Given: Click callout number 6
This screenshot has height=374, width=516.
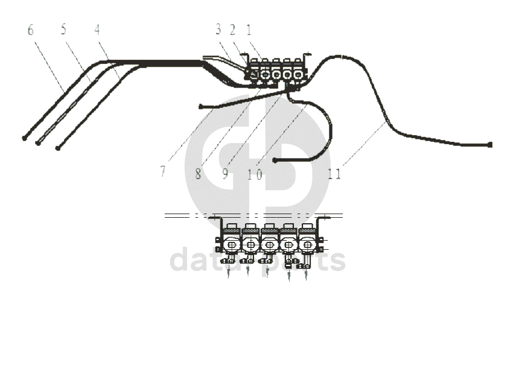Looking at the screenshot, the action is (x=31, y=30).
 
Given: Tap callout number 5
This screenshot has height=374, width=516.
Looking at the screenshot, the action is (x=64, y=30).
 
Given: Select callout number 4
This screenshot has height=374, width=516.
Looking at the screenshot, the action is (x=97, y=30).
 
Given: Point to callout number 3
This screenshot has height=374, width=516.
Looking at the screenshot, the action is (x=218, y=30).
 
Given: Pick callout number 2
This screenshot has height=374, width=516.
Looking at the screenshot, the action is (x=232, y=30).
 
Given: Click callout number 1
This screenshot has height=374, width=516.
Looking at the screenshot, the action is (x=248, y=30).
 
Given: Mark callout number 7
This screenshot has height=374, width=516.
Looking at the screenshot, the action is (x=162, y=172).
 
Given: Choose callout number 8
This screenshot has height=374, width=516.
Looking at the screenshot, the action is (x=198, y=174).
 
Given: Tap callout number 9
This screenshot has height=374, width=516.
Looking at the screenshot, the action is (x=225, y=174).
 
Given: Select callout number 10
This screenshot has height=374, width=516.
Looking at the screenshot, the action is (x=255, y=174).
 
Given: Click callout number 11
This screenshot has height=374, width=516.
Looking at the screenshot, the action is (x=334, y=174).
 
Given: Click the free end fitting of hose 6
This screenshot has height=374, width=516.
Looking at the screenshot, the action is (x=24, y=138).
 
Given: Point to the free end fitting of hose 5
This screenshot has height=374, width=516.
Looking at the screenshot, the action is (x=38, y=144).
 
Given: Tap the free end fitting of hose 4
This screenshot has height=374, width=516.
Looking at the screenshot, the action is (x=57, y=148).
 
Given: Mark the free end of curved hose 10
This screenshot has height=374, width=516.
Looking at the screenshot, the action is (x=275, y=160).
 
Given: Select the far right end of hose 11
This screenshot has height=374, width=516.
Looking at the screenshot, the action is (x=490, y=145).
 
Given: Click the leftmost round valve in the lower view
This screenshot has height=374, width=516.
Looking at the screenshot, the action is (x=231, y=244).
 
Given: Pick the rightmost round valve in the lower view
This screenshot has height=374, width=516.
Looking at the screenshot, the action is (x=307, y=245).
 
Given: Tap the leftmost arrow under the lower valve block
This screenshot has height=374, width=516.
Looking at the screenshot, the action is (x=229, y=274).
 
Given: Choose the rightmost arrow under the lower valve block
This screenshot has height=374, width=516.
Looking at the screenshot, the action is (x=306, y=275).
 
